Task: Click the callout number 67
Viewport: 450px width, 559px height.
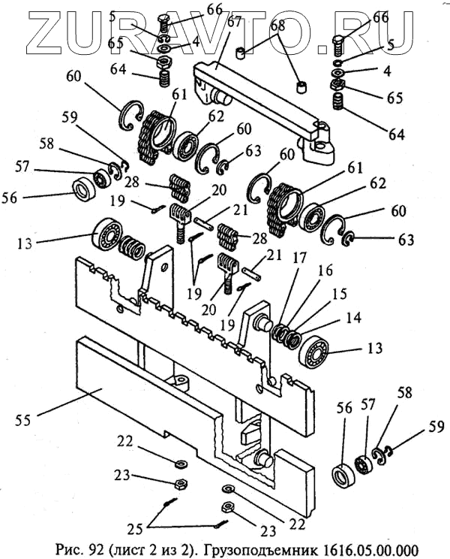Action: (x=234, y=22)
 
